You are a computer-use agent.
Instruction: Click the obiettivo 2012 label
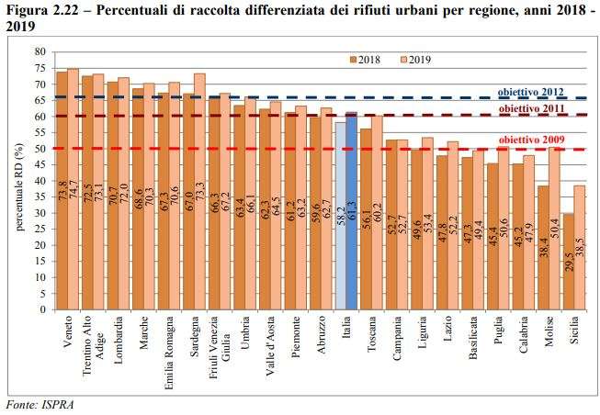530,93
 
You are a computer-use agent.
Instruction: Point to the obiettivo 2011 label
530,108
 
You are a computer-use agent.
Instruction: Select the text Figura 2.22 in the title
37,9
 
